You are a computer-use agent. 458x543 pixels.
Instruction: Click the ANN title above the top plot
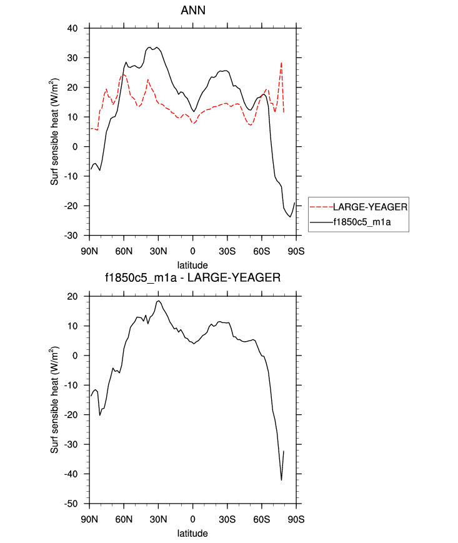pos(193,11)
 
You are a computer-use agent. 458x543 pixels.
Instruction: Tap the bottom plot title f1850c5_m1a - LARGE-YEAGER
pos(193,278)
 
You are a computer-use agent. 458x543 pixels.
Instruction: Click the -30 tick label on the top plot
pos(78,236)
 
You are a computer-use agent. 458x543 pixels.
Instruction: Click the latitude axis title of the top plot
pos(192,266)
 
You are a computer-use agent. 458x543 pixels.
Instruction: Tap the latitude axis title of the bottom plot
pos(192,533)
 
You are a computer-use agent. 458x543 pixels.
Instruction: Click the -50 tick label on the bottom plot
pos(78,503)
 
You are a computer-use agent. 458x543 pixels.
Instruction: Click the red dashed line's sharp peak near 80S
pos(281,62)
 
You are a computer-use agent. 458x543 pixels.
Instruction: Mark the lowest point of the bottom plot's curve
pos(281,480)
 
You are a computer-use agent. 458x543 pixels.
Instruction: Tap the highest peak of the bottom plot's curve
pos(159,301)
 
